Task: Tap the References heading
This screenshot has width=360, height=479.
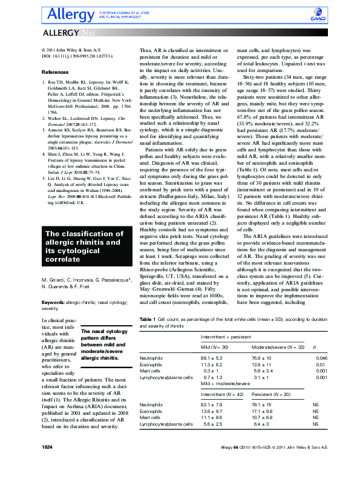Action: point(54,73)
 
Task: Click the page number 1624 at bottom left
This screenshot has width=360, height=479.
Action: point(48,463)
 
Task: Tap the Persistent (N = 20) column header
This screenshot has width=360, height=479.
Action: point(270,394)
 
